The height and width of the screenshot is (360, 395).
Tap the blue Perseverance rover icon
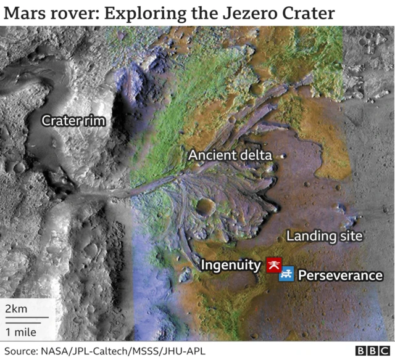click(286, 274)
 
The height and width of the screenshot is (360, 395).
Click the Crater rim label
click(73, 121)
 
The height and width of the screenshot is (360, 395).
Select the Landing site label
click(324, 236)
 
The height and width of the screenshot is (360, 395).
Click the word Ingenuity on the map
click(231, 266)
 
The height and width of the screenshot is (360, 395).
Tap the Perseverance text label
click(340, 276)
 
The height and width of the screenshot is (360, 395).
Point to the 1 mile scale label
click(20, 332)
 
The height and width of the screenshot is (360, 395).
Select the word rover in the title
click(74, 13)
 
